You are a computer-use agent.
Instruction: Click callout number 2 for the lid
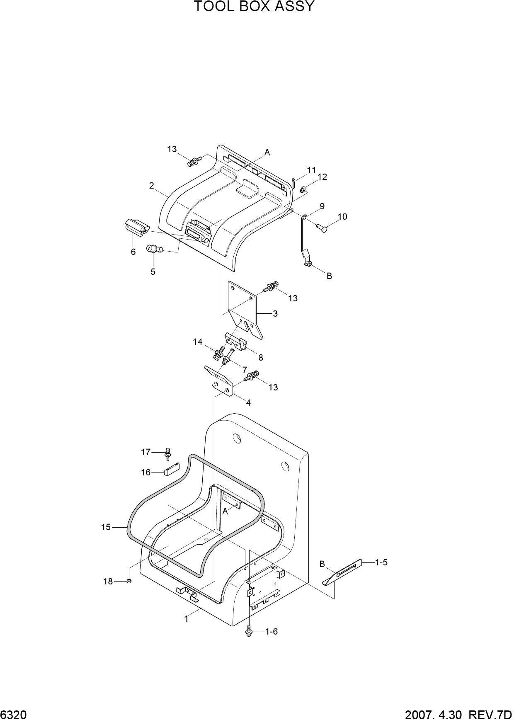click(x=152, y=186)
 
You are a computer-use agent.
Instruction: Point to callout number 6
click(x=133, y=252)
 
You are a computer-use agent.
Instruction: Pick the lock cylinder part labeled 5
click(x=154, y=249)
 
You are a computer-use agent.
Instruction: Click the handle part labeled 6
click(x=136, y=227)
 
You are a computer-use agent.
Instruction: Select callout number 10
click(x=342, y=216)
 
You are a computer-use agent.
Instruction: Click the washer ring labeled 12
click(x=303, y=190)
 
